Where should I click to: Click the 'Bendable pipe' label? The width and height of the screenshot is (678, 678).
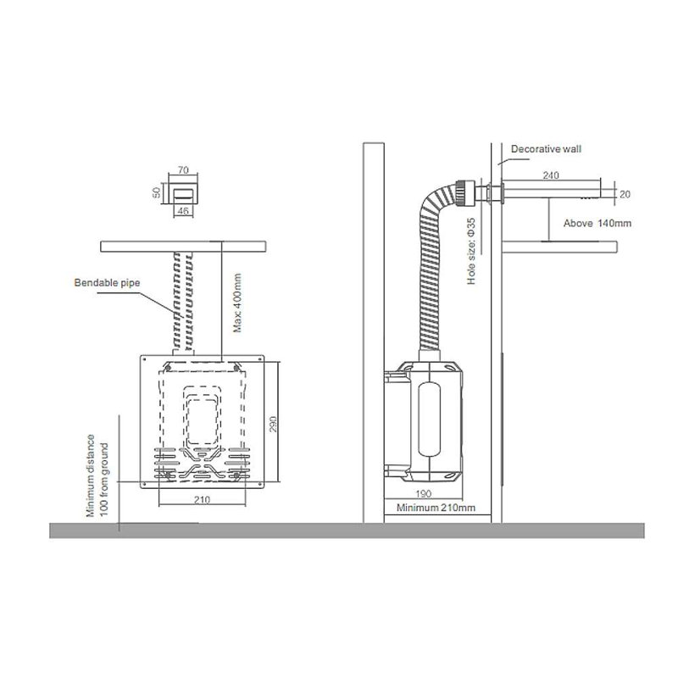[x=108, y=283]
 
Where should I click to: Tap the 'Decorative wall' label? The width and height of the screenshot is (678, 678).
[x=546, y=149]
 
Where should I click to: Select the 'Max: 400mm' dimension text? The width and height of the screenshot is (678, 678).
[x=237, y=303]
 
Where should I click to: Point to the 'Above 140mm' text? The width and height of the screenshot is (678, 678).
[x=597, y=224]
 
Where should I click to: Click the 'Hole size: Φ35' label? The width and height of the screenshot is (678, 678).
[x=471, y=251]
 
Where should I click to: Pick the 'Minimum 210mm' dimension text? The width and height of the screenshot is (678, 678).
[x=436, y=508]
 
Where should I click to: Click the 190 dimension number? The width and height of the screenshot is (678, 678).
[x=423, y=494]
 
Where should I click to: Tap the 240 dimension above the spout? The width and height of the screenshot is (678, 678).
[x=551, y=175]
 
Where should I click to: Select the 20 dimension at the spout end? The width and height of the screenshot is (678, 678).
[x=625, y=195]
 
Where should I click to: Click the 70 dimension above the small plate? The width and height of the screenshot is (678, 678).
[x=183, y=170]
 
